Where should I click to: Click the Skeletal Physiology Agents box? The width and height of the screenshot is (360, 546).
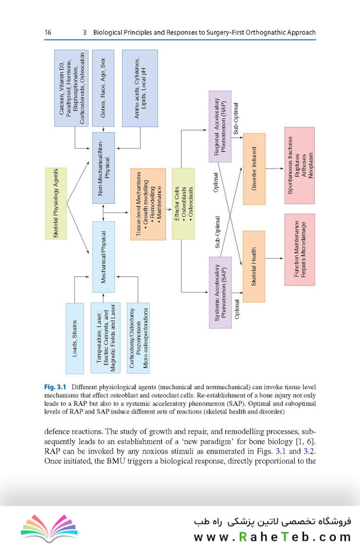59,202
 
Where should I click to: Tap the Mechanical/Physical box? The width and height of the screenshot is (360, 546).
104,257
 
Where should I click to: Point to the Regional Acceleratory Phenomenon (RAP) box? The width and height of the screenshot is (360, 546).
220,127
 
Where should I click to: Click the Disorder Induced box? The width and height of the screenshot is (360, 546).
254,169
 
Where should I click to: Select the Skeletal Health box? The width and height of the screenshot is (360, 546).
254,266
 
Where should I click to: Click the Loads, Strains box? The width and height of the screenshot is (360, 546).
74,339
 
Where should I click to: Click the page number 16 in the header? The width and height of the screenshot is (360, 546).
48,32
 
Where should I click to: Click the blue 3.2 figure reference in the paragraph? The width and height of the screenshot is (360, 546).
307,451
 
